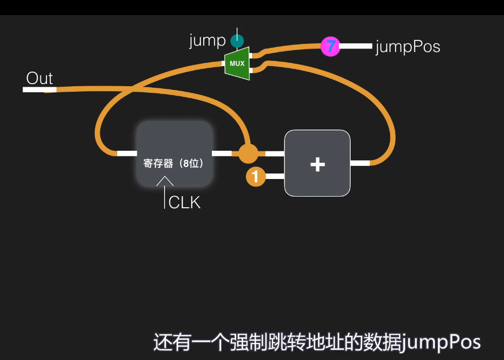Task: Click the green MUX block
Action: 237,64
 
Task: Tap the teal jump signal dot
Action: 237,40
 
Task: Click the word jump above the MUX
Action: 207,40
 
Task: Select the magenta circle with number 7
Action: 330,46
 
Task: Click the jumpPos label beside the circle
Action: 408,47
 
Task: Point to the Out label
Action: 39,79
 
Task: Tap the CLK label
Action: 185,203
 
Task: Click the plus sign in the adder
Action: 317,164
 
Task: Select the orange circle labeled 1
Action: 255,176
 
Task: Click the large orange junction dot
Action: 248,153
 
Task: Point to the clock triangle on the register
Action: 164,181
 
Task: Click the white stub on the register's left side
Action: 127,153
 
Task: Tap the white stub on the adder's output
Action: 360,163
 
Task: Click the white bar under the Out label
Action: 39,90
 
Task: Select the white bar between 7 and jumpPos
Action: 355,46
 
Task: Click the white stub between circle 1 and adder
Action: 274,176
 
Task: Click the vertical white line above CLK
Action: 164,197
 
